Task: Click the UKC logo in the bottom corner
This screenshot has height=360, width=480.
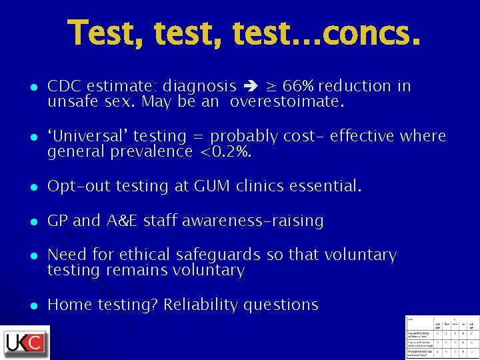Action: pos(25,342)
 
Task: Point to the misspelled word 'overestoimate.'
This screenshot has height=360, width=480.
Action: pos(287,103)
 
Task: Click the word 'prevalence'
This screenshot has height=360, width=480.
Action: pos(149,152)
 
